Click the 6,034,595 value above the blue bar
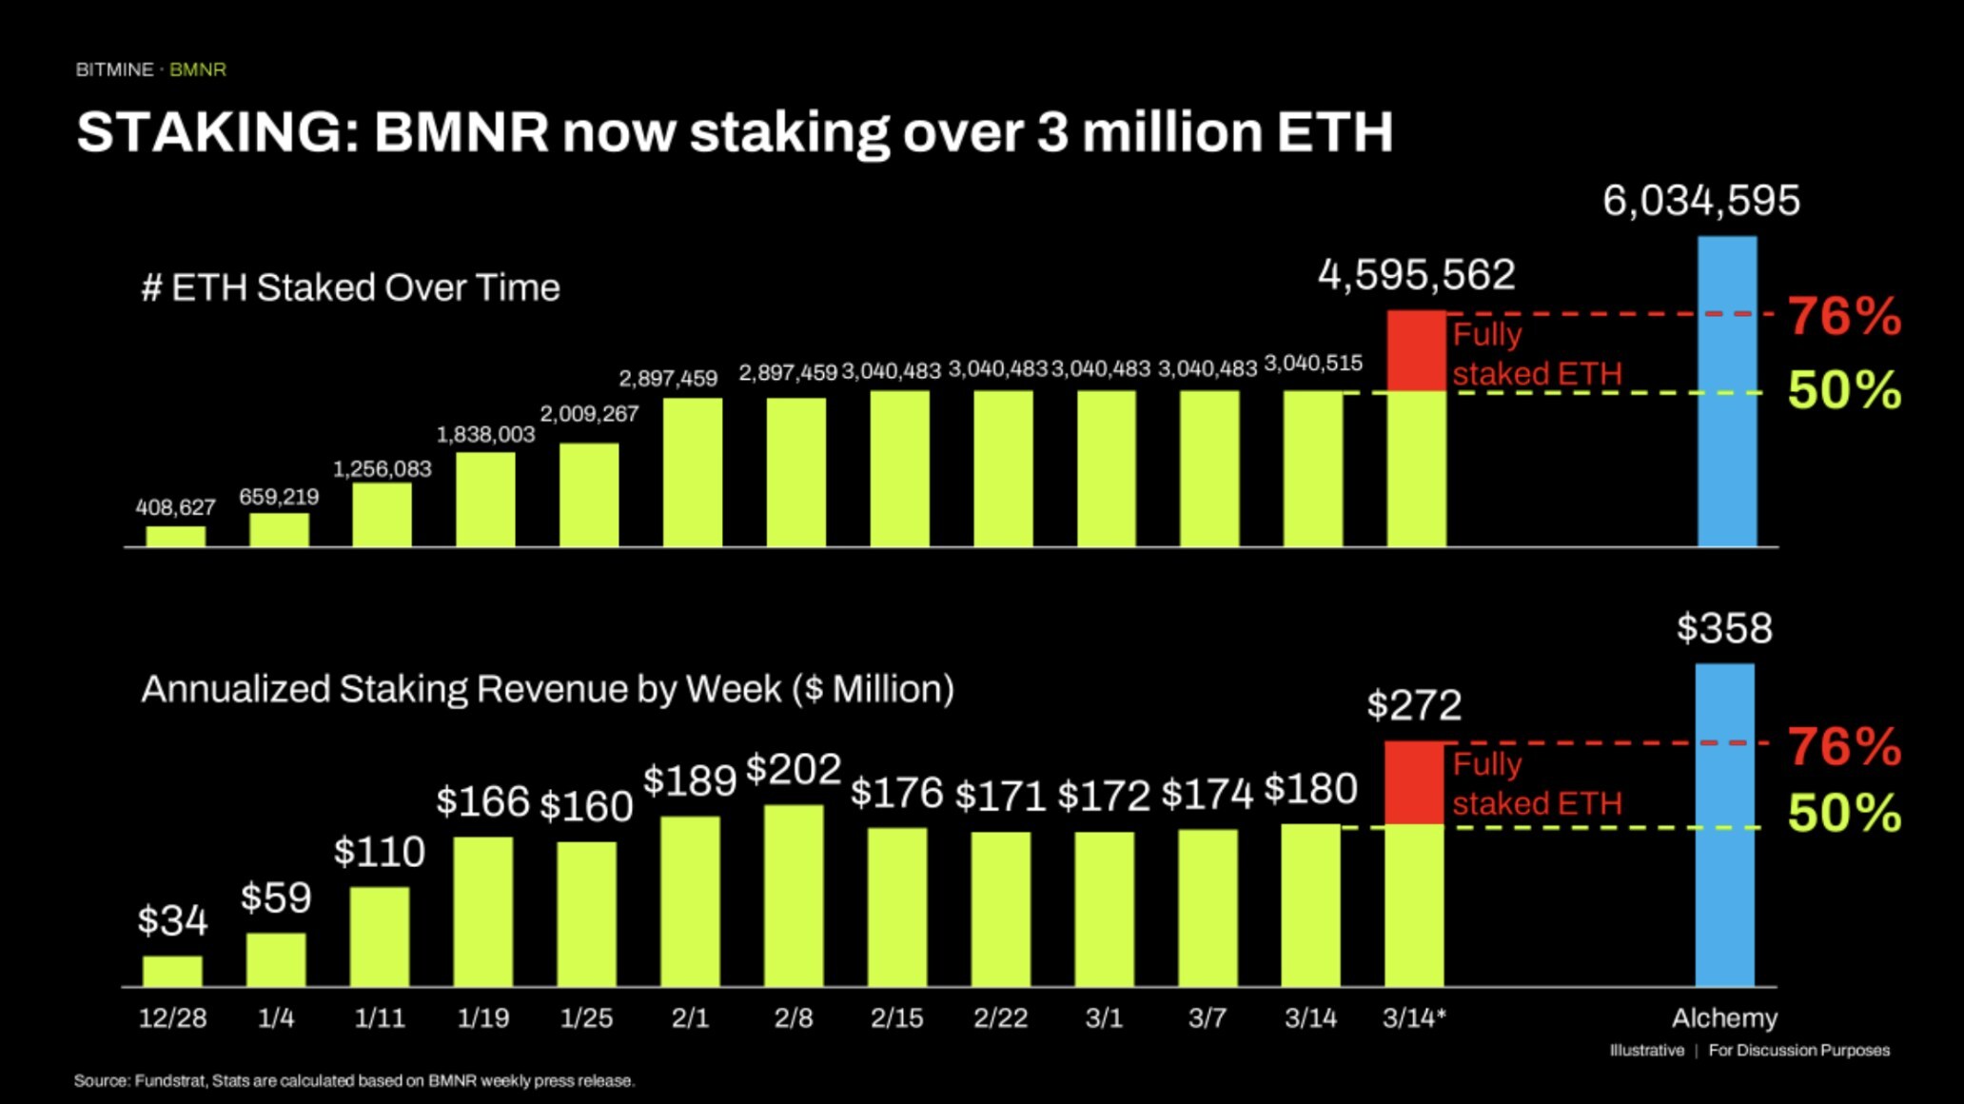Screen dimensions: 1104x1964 coord(1700,201)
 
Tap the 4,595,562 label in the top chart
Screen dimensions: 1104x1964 coord(1416,275)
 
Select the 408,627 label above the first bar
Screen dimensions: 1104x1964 coord(175,507)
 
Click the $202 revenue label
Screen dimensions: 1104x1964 coord(794,769)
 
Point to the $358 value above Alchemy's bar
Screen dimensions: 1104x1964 coord(1724,628)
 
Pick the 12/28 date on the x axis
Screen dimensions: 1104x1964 coord(172,1018)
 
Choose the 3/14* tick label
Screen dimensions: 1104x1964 coord(1414,1018)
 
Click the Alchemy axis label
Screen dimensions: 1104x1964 coord(1724,1018)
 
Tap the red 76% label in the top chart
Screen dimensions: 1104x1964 coord(1844,316)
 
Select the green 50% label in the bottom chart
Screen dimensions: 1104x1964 coord(1844,813)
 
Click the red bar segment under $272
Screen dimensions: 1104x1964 coord(1414,782)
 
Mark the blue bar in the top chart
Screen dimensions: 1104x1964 coord(1727,390)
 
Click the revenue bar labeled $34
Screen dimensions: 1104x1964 coord(172,971)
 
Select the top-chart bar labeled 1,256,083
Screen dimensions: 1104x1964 coord(382,514)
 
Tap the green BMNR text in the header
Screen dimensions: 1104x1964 coord(198,69)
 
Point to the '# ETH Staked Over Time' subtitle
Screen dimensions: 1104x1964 coord(350,287)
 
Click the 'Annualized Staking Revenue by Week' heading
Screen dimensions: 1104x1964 coord(547,689)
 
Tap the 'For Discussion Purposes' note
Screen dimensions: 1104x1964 coord(1798,1051)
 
